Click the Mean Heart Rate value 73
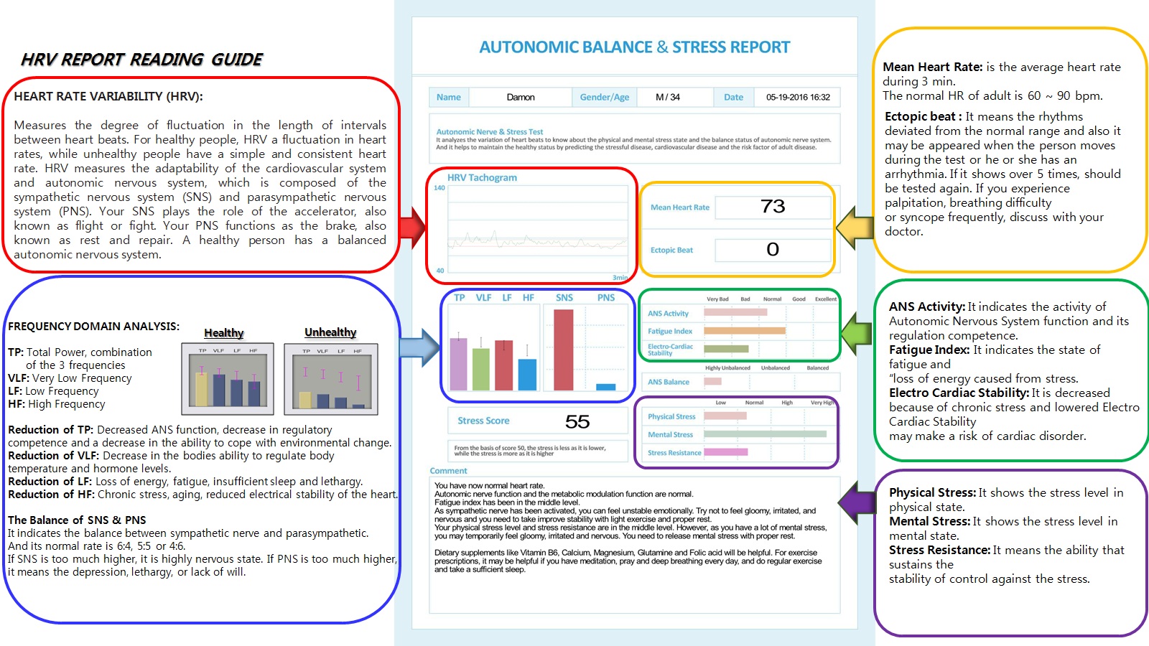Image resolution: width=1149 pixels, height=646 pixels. pos(773,207)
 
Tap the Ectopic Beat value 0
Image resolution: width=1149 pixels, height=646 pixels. pos(773,250)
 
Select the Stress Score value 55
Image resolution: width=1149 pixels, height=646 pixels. pos(577,421)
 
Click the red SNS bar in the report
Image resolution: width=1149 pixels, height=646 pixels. pos(564,350)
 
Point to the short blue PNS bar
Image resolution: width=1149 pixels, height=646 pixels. pos(606,387)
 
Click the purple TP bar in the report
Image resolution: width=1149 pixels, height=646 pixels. pos(458,364)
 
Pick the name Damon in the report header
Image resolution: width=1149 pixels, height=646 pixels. pos(521,97)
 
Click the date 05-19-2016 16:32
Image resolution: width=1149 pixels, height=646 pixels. pos(798,97)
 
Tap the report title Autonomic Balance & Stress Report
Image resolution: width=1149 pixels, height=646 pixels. pos(635,47)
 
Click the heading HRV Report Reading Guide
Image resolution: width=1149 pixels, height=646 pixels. pos(141,60)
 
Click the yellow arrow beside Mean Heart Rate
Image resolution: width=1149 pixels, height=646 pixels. pos(855,228)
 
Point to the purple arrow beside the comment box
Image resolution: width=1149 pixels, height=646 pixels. pos(856,502)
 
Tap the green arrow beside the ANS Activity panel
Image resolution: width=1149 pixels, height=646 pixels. pos(856,331)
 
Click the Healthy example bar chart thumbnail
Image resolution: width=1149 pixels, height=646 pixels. pos(228,378)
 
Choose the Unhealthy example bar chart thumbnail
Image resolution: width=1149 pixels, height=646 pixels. pos(330,378)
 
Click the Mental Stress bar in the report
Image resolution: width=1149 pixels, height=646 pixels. pos(765,434)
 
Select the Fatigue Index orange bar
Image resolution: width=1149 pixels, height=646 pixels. pos(745,331)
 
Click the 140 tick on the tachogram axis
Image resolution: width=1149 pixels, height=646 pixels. pos(439,188)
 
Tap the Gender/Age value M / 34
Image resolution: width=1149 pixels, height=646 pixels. pos(668,97)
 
